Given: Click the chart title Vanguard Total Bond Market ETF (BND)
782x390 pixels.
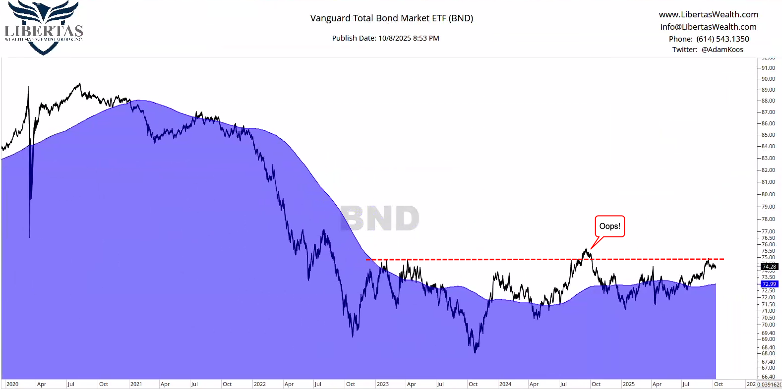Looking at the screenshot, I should (391, 18).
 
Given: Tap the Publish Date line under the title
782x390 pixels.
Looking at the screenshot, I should (385, 38).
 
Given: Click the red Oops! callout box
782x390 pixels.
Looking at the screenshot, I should (609, 226).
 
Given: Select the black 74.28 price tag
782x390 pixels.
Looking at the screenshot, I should (769, 267).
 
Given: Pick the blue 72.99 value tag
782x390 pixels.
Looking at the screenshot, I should (769, 284).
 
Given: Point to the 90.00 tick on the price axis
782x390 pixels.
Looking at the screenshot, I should (768, 79).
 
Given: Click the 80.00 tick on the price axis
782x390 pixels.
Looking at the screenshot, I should (768, 194).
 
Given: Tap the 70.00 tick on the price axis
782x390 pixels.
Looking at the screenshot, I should (768, 325).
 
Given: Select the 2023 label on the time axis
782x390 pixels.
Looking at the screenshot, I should (382, 384).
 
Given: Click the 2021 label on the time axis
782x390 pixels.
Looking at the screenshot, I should (136, 384).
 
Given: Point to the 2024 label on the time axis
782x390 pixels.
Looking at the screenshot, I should (505, 384).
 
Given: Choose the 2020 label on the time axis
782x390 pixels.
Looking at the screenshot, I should (12, 384).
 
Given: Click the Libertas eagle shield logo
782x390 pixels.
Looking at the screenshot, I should (44, 27).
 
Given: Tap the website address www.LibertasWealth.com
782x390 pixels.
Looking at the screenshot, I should (708, 14).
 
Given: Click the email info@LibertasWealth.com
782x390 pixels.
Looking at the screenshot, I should (708, 27).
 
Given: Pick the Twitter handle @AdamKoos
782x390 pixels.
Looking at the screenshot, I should (722, 50).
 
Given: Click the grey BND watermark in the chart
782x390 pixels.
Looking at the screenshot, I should (380, 219).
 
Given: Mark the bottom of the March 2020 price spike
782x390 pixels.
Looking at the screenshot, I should (30, 236).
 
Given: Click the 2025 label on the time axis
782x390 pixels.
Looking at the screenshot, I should (628, 384).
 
